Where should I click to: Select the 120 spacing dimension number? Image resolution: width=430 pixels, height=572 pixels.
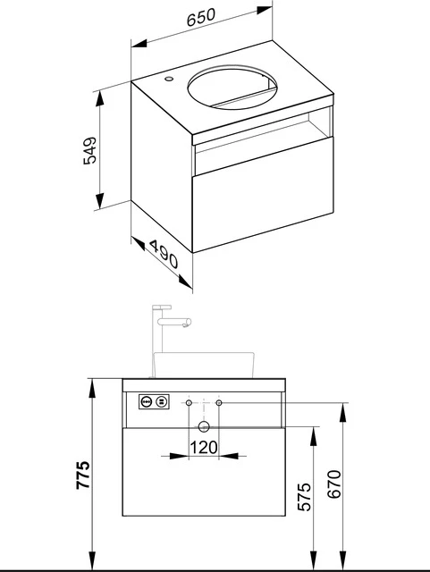coord(204,446)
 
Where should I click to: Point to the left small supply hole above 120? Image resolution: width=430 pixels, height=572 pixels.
coord(189,404)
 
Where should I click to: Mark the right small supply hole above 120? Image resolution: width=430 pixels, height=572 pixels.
coord(219,404)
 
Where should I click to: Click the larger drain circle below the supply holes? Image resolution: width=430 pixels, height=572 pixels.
coord(204,428)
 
